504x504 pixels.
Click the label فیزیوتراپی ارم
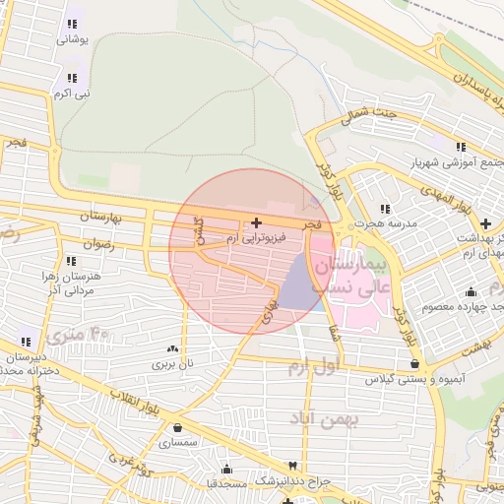click(254, 238)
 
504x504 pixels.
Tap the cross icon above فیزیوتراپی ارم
click(257, 223)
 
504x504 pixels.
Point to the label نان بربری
click(173, 363)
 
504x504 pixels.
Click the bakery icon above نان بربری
click(173, 348)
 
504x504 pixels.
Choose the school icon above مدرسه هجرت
click(385, 209)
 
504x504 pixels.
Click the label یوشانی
click(73, 39)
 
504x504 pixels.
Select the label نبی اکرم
click(70, 94)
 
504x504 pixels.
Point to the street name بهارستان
click(97, 215)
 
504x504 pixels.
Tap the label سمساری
click(176, 445)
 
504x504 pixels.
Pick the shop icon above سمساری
click(177, 429)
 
